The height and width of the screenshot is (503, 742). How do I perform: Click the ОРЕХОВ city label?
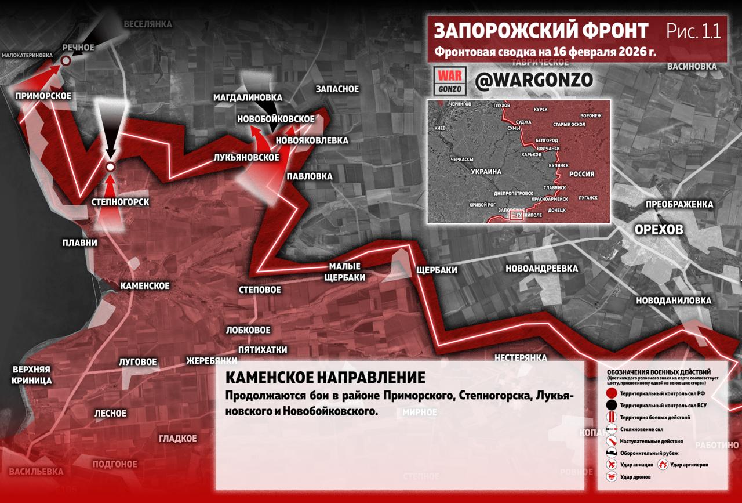659,229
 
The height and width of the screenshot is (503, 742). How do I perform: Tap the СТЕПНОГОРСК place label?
121,202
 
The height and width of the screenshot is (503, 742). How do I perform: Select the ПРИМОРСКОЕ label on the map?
43,96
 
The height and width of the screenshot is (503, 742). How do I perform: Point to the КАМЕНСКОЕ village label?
145,285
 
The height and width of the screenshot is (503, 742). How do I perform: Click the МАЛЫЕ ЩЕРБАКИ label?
347,272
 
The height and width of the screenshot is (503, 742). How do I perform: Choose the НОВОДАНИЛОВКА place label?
673,301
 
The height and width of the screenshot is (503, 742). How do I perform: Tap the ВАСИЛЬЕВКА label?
36,471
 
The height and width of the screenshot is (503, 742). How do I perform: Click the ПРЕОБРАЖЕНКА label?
679,204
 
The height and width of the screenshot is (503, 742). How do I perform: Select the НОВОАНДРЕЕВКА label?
541,269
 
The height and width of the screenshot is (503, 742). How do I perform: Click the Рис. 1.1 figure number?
693,31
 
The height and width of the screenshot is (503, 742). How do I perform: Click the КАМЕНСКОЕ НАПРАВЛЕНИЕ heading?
325,378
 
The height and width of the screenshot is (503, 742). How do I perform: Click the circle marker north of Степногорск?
110,167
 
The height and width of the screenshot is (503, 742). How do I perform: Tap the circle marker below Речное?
67,60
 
